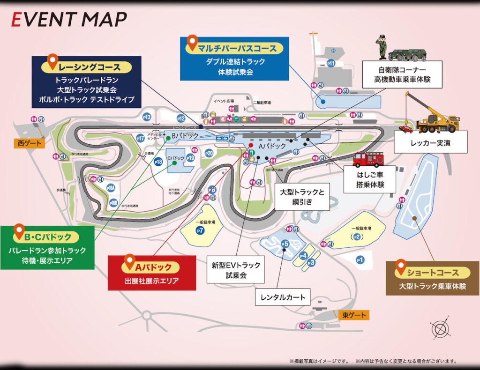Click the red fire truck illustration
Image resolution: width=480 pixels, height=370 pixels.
(x=368, y=159)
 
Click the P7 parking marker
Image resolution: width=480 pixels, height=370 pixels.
(x=200, y=230)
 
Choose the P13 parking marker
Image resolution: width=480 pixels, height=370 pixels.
(x=147, y=118)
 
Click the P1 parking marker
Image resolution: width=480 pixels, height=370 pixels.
(x=360, y=260)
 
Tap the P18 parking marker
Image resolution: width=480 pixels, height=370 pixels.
(x=159, y=162)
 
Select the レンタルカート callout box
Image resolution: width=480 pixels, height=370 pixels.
(x=283, y=297)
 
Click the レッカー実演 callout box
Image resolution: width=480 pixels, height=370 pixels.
(x=430, y=143)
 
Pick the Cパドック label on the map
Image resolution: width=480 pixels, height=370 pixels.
(x=177, y=158)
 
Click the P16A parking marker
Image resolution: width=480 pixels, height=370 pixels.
(x=111, y=188)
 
